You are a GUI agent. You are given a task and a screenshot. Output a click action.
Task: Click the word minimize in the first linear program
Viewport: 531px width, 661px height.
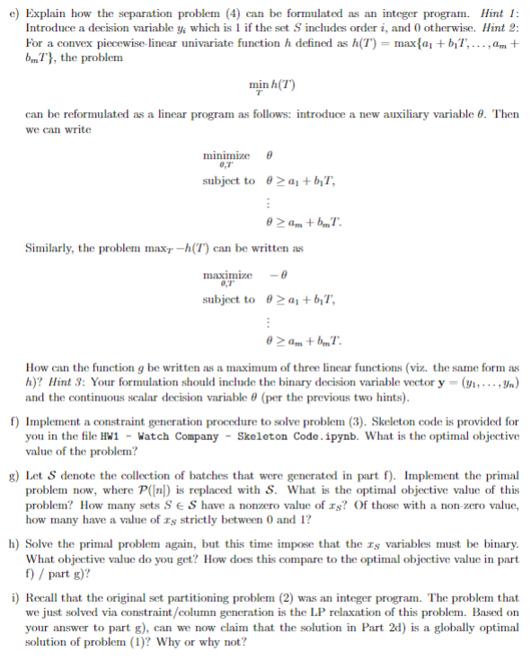(227, 154)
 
